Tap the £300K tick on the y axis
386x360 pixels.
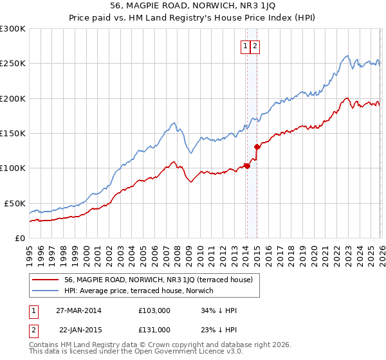click(x=13, y=29)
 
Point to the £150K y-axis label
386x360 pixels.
click(x=13, y=134)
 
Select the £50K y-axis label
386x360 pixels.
click(x=15, y=203)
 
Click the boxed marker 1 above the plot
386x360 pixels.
click(x=246, y=46)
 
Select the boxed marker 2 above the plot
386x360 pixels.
click(x=255, y=46)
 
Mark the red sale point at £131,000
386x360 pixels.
click(x=257, y=147)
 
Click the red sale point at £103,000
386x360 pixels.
click(x=247, y=166)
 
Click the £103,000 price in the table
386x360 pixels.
click(x=154, y=310)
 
